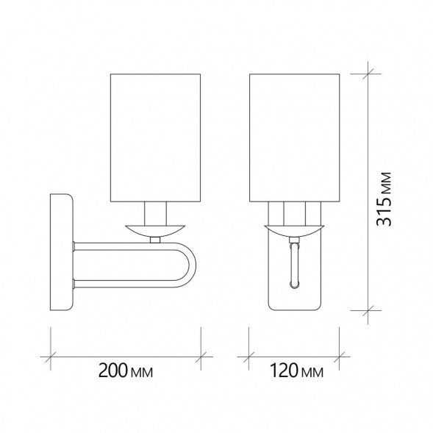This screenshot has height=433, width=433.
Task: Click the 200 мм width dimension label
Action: pos(126,371)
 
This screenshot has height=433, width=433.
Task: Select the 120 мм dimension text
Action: pos(296,371)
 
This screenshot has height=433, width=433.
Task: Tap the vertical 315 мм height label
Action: pos(384,199)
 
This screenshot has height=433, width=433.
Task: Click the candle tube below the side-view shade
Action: pos(155,214)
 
